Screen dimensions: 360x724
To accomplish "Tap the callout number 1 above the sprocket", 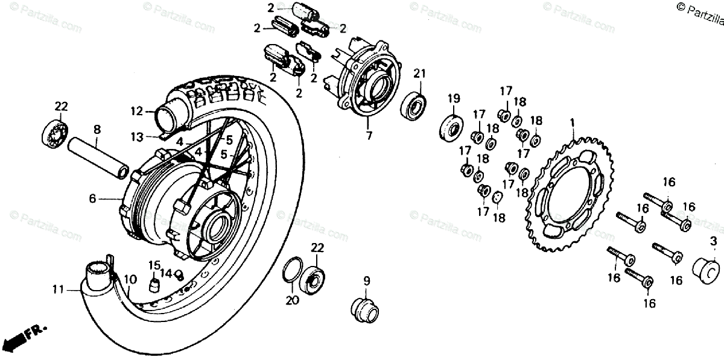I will (x=573, y=123).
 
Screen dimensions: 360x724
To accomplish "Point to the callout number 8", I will (x=97, y=128).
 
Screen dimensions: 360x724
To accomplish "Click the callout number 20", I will (x=291, y=299).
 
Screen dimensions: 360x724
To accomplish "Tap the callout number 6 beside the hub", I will (x=93, y=198).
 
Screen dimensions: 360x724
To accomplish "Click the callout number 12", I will (x=136, y=111).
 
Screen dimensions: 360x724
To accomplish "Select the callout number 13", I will (x=138, y=137).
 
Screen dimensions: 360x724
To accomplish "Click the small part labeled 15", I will (x=154, y=283).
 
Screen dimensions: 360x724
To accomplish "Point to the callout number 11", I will (x=57, y=289).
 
